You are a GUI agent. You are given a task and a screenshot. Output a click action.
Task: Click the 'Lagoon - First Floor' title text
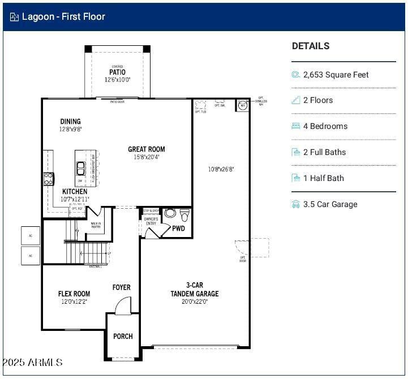63,16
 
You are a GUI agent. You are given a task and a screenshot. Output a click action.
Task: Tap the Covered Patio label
117,73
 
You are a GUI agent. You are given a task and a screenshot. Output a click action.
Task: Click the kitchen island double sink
81,169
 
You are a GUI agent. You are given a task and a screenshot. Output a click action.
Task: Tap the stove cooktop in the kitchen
49,179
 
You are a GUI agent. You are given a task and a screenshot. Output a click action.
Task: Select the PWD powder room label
179,229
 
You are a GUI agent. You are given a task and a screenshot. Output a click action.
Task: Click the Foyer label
121,287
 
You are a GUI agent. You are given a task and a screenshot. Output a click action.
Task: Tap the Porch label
123,336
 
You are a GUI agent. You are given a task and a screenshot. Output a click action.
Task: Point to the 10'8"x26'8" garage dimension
221,169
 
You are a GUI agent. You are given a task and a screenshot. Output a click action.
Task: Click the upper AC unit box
31,235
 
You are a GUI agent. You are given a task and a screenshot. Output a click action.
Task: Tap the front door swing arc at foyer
123,305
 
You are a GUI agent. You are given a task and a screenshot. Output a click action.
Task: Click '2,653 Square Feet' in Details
336,75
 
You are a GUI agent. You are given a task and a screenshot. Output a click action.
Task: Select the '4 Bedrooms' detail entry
325,126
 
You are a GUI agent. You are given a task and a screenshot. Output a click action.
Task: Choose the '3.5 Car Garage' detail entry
330,204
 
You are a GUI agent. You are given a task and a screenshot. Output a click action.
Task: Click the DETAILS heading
311,46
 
